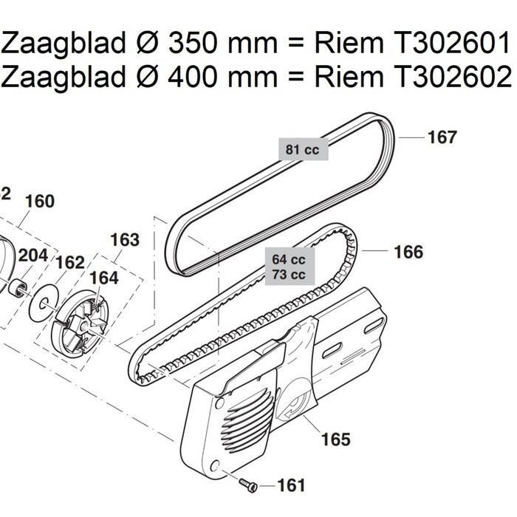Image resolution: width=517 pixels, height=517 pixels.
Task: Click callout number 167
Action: click(443, 137)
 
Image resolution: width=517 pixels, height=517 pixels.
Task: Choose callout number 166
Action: click(408, 253)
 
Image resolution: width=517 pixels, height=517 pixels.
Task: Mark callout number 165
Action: click(335, 440)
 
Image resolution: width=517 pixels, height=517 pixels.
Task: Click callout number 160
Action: click(40, 202)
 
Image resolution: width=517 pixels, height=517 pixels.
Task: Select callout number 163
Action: click(124, 240)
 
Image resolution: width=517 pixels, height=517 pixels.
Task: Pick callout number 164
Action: click(103, 278)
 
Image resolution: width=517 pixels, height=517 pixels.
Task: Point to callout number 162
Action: click(70, 263)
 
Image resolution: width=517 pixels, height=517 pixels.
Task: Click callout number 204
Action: click(33, 256)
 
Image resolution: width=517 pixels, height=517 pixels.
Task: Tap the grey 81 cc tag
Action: click(302, 150)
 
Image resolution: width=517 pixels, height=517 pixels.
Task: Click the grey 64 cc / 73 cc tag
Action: click(289, 267)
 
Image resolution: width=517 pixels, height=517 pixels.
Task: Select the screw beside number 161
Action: click(248, 484)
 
